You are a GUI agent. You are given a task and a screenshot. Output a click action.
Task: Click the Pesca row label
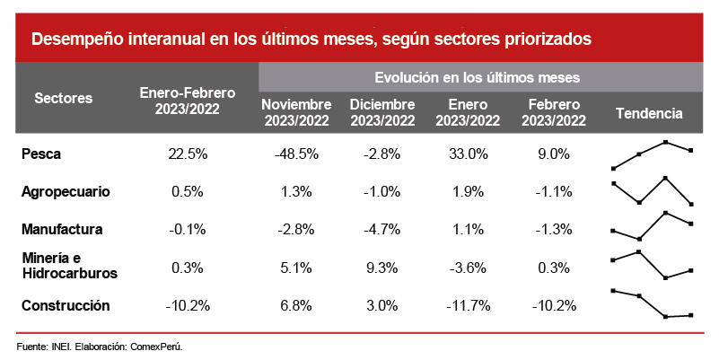point(40,154)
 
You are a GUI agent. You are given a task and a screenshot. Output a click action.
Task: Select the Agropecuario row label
point(66,191)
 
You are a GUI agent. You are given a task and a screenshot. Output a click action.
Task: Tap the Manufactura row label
point(62,229)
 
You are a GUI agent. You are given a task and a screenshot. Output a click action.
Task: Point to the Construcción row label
point(66,305)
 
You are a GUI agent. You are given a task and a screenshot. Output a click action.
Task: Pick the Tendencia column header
point(650,113)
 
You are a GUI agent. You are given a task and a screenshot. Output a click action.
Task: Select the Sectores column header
point(63,99)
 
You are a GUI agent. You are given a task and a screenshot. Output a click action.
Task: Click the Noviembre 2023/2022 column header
point(297,113)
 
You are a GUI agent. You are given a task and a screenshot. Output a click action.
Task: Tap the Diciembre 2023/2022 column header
point(382,113)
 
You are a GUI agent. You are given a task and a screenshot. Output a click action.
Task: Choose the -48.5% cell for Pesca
point(297,154)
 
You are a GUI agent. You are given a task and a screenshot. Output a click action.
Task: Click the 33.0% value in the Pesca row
point(468,154)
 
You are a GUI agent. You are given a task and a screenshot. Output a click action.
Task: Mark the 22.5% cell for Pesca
point(188,154)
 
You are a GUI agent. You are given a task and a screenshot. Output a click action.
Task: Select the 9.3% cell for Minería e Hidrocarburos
point(382,267)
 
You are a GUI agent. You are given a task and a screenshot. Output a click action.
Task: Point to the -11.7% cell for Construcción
point(468,305)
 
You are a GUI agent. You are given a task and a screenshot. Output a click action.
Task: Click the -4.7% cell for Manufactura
point(382,229)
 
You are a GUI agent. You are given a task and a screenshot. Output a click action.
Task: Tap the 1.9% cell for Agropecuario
point(468,191)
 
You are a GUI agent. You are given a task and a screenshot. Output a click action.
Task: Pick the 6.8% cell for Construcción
point(297,305)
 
